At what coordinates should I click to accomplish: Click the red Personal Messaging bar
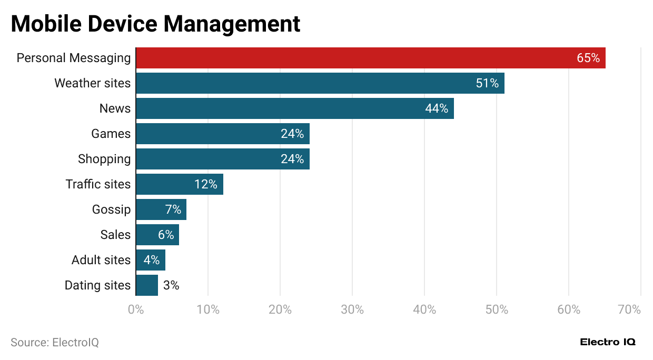click(369, 58)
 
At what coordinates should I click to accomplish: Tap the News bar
click(294, 108)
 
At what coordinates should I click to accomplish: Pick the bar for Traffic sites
click(179, 184)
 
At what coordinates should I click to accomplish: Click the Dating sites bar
click(147, 285)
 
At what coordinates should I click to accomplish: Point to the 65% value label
click(588, 58)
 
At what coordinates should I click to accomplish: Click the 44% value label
click(437, 108)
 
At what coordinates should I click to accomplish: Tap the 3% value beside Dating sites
click(171, 285)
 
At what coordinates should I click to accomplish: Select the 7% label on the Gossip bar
click(173, 209)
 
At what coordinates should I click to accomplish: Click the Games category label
click(111, 134)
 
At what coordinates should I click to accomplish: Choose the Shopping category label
click(104, 159)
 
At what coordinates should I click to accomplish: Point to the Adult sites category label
click(101, 260)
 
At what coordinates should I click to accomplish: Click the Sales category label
click(115, 235)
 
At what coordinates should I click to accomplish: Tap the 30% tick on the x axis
click(352, 309)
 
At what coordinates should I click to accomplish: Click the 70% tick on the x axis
click(629, 309)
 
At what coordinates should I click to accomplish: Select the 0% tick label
click(136, 309)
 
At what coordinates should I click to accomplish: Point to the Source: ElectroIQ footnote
click(55, 343)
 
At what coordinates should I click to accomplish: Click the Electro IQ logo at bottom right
click(608, 342)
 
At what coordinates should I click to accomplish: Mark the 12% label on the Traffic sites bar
click(205, 184)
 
